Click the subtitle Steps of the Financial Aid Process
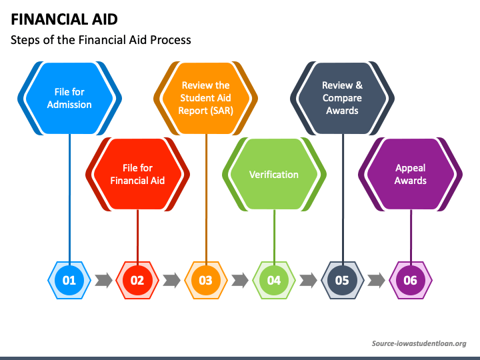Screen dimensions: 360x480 coord(101,40)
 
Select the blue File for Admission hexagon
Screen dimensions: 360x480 coord(69,98)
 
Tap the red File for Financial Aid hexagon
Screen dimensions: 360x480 coord(137,174)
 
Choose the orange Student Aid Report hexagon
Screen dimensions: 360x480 coord(205,98)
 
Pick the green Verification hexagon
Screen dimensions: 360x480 coord(274,174)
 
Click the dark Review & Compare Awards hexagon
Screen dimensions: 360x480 coord(343,98)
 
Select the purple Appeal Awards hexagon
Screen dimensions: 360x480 coord(411,174)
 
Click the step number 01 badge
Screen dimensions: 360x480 coord(69,280)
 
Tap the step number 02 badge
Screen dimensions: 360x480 coord(137,280)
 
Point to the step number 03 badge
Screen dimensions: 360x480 coord(205,280)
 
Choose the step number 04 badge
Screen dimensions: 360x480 coord(274,280)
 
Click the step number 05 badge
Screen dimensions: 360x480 coord(342,280)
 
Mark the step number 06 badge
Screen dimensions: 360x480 coord(411,280)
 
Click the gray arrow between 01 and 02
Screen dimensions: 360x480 coord(103,280)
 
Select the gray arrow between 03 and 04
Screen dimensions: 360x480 coord(240,280)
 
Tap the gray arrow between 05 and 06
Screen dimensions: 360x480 coord(377,280)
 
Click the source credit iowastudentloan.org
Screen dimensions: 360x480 coord(419,343)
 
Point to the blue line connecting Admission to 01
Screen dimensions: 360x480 coord(69,200)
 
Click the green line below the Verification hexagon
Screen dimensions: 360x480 coord(274,233)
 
